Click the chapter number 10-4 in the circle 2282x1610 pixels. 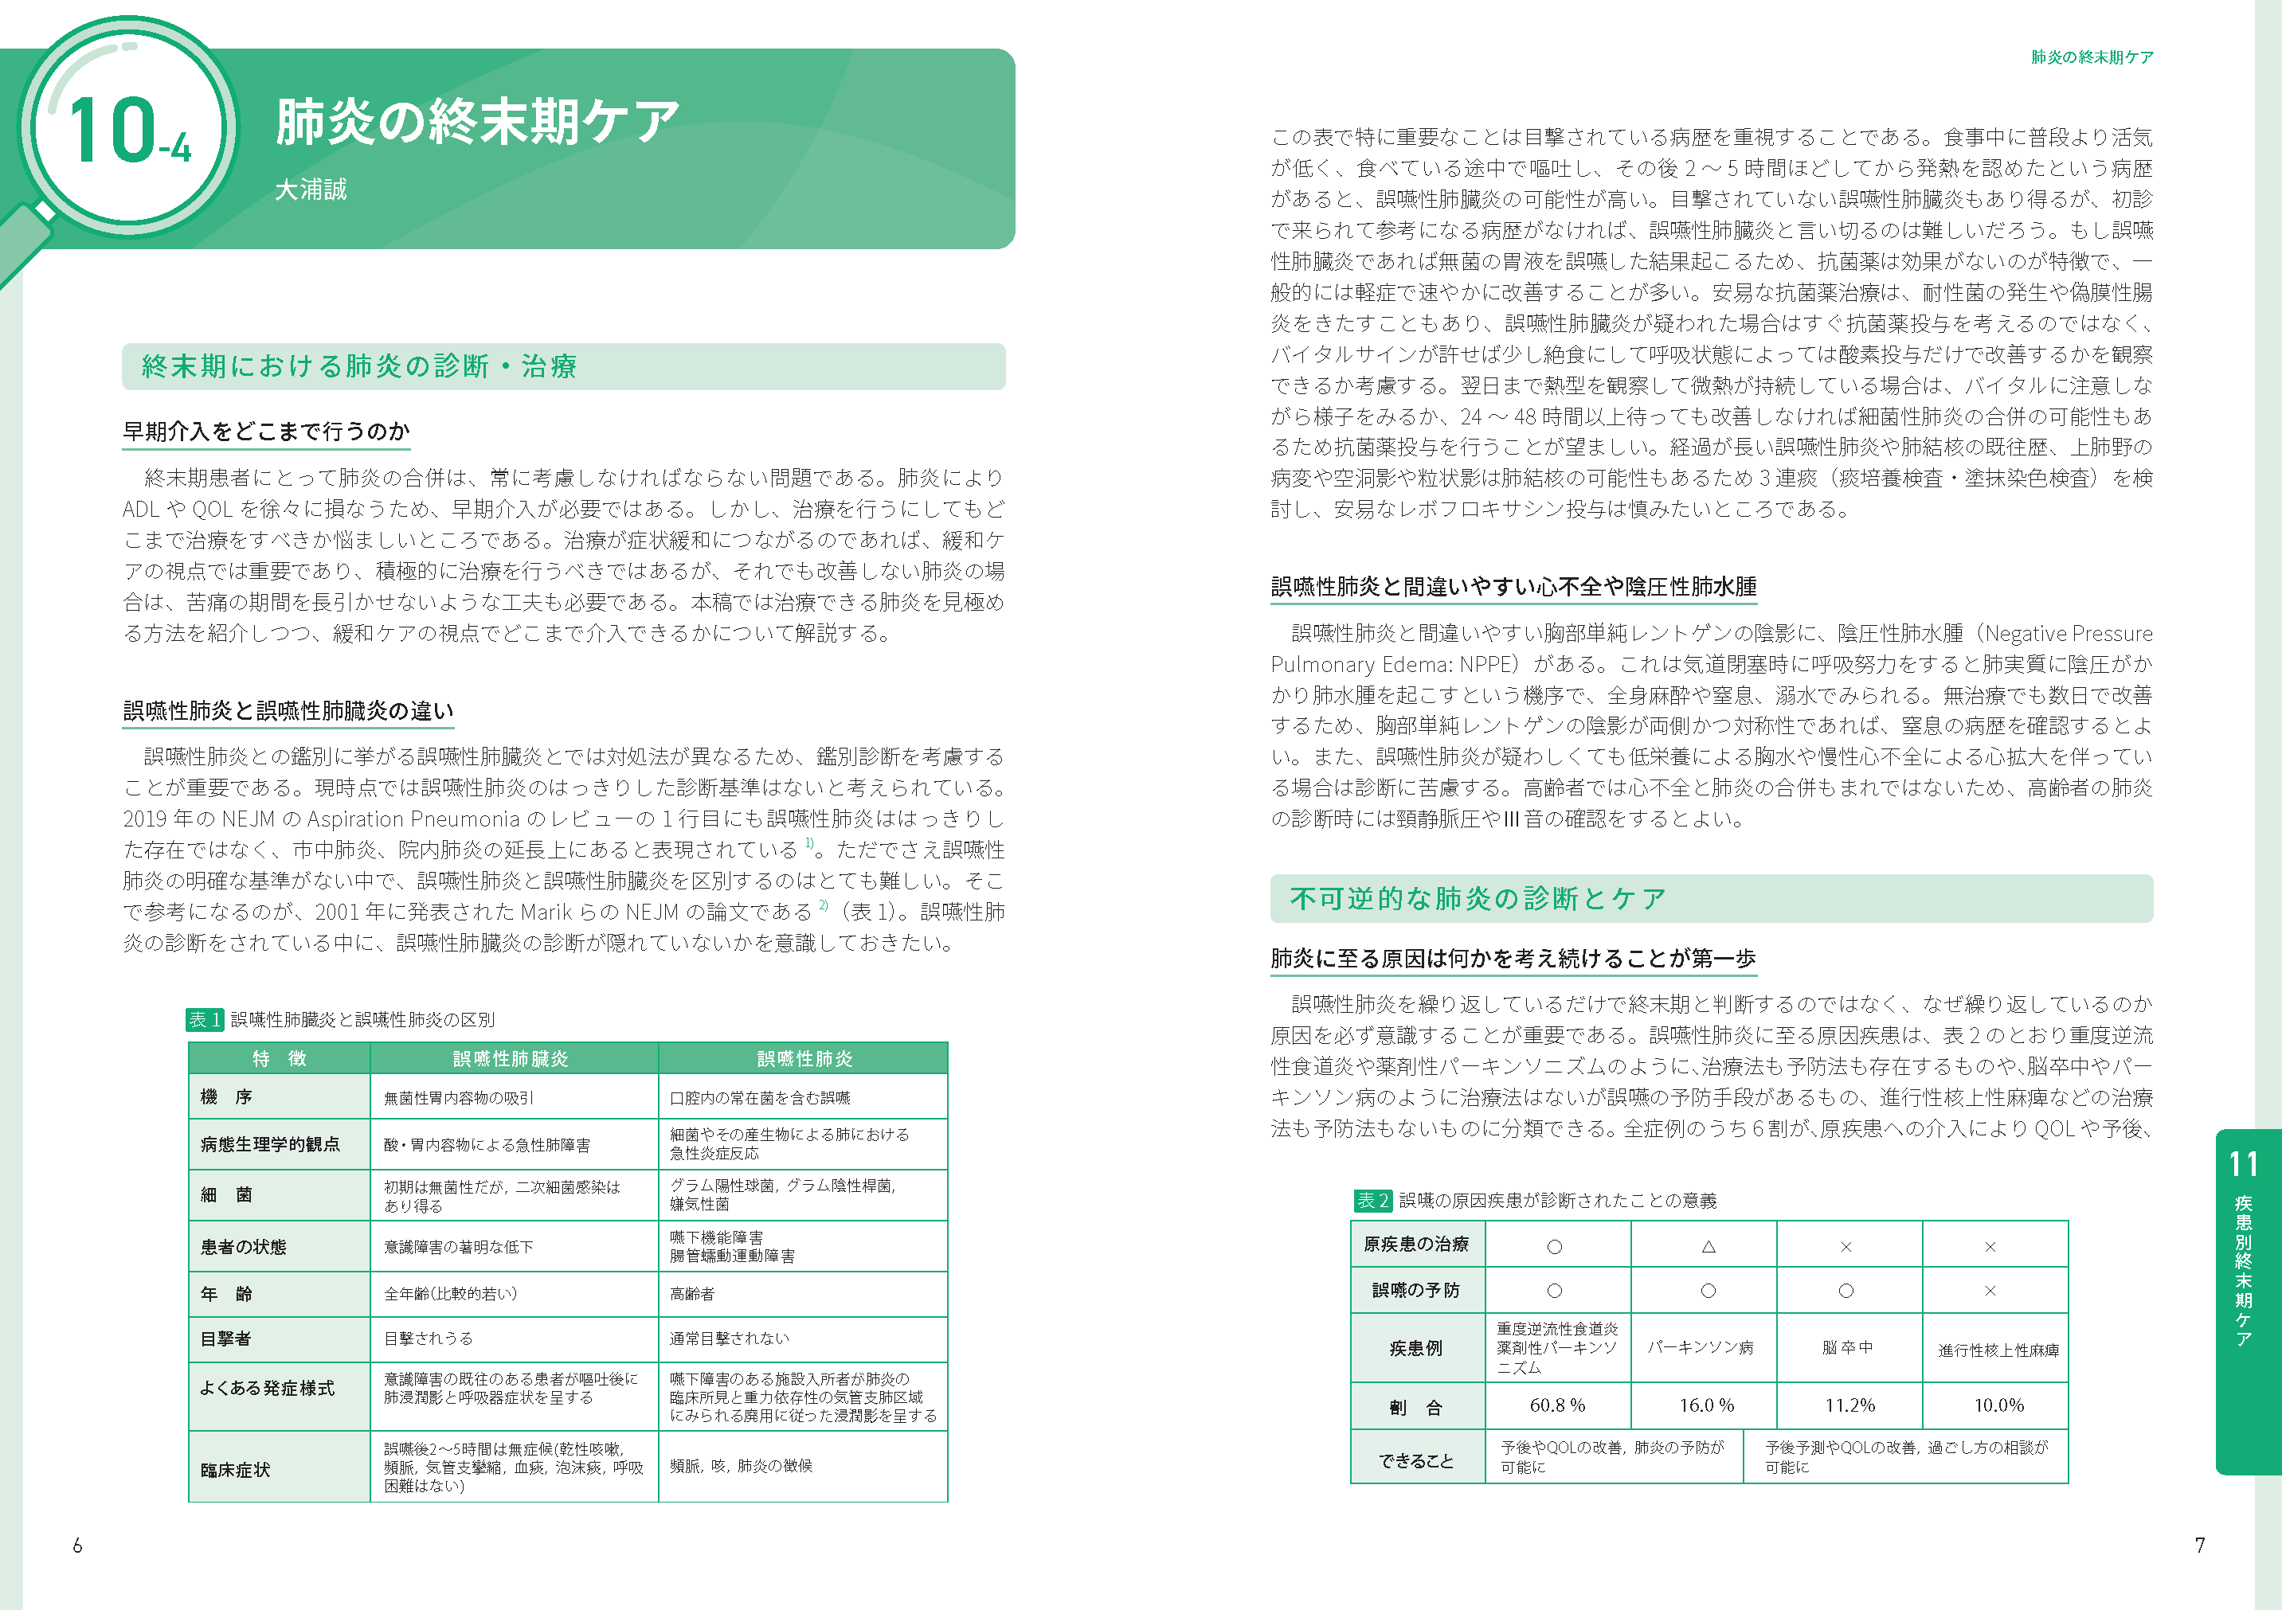coord(128,132)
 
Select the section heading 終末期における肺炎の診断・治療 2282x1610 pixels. coord(358,367)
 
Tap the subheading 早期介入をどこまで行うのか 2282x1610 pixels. coord(265,432)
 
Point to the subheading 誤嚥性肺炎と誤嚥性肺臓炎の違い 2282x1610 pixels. coord(288,710)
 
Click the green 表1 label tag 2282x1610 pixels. coord(204,1020)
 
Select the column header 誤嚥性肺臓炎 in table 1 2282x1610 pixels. coord(511,1058)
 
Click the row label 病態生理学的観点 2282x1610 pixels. coord(270,1144)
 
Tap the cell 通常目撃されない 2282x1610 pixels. coord(730,1338)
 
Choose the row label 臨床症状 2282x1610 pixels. coord(236,1469)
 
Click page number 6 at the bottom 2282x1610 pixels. coord(77,1546)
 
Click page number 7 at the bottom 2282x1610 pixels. coord(2199,1546)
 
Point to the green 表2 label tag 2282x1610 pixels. coord(1372,1201)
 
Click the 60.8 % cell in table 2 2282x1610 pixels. coord(1557,1405)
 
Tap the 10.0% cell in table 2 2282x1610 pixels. coord(1998,1405)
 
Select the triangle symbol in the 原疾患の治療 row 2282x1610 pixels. coord(1709,1246)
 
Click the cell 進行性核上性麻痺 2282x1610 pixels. coord(1998,1350)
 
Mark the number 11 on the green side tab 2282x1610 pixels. coord(2243,1164)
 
